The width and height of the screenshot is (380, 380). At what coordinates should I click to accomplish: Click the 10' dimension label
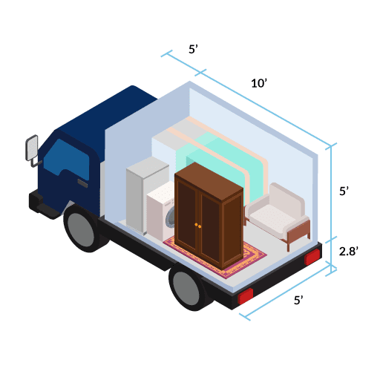pos(259,83)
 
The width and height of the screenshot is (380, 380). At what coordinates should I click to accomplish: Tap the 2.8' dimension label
pos(349,252)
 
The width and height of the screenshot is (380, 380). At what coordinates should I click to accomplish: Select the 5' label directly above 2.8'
pos(344,191)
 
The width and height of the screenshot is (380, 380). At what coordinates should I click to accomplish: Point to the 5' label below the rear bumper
pos(298,300)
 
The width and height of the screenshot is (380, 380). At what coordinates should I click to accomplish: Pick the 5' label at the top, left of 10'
pos(193,49)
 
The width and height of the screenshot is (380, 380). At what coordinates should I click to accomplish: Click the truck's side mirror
pos(32,148)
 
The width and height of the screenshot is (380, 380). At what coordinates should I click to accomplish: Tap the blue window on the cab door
pos(67,158)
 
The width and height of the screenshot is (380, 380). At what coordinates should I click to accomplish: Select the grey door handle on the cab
pos(82,183)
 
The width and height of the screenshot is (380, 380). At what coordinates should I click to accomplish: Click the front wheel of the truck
pos(82,229)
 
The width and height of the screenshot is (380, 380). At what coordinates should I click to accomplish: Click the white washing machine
pos(161,212)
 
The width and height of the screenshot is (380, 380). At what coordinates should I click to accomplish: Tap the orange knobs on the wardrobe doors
pos(197,226)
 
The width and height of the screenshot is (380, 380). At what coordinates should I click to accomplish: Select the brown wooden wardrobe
pos(209,215)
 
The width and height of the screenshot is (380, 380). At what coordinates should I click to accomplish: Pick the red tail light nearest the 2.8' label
pos(312,257)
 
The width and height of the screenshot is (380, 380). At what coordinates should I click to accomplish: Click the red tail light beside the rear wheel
pos(245,296)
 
